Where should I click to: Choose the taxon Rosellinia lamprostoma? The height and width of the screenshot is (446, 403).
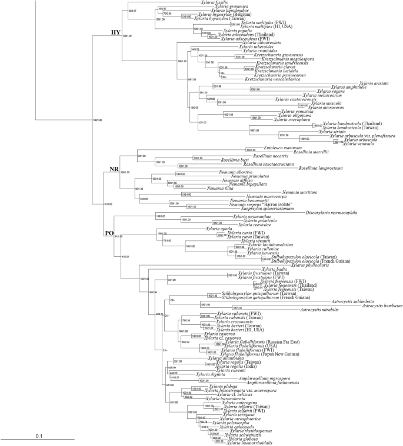click(322, 184)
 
